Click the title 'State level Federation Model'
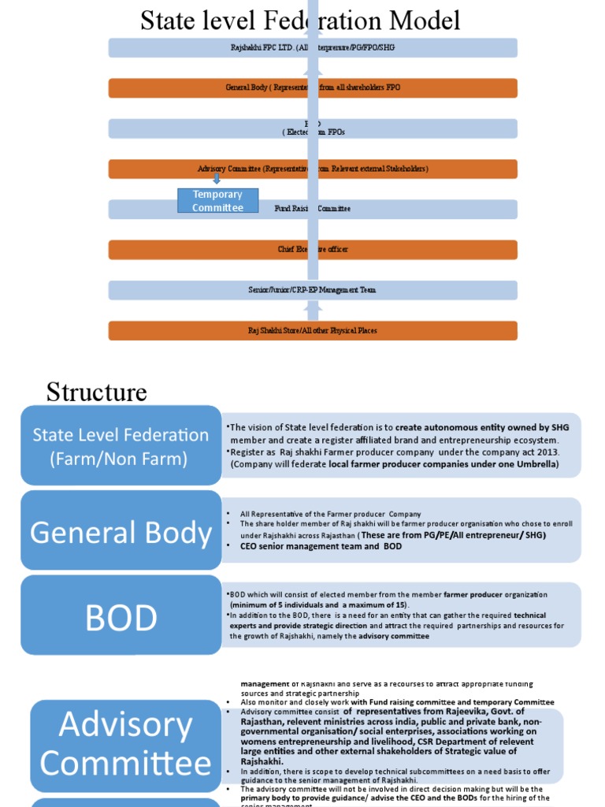click(x=300, y=20)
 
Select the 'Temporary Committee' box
click(x=217, y=201)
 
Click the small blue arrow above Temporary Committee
click(x=217, y=179)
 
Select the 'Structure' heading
click(x=96, y=392)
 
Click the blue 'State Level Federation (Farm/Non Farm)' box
click(x=121, y=446)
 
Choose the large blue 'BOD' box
click(x=121, y=618)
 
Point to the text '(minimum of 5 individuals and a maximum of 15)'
click(x=318, y=604)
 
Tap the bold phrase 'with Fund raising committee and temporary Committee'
click(x=452, y=702)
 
